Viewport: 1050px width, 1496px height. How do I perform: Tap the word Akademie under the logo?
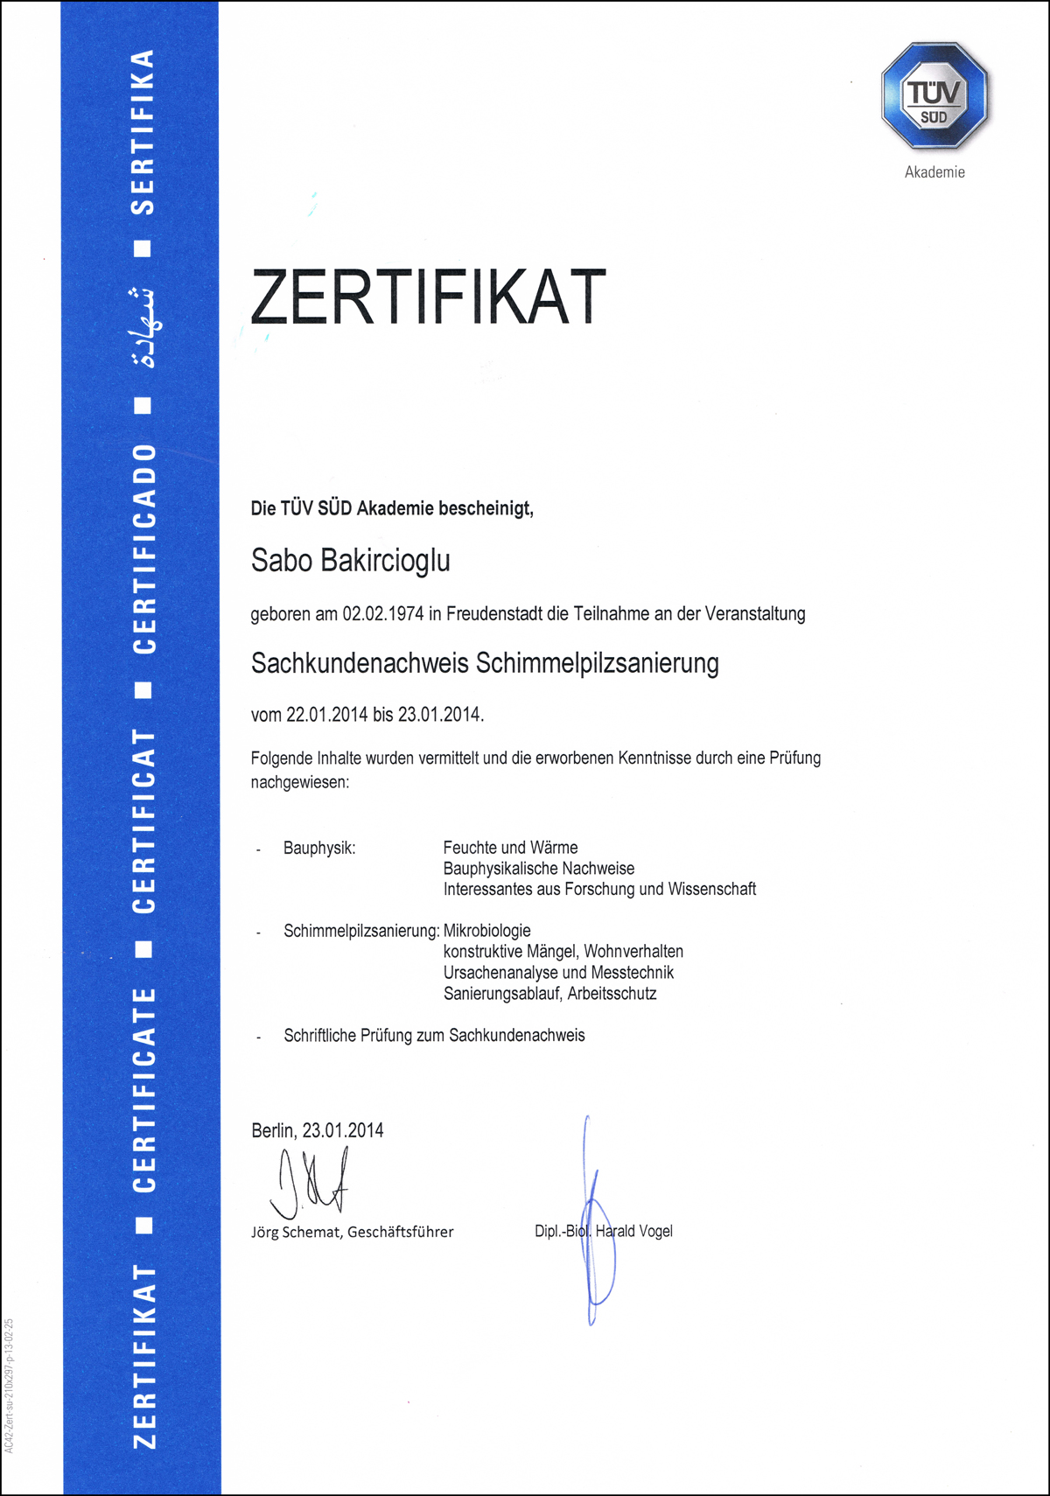934,172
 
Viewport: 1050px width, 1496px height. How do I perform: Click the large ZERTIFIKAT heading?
428,297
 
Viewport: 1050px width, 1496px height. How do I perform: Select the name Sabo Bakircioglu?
350,561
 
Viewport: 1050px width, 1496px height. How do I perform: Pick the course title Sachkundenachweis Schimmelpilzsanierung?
485,663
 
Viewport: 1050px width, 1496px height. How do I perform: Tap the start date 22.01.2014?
326,715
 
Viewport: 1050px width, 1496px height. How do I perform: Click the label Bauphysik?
319,848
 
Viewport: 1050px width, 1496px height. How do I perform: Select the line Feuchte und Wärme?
510,848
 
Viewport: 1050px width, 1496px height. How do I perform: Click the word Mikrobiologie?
486,931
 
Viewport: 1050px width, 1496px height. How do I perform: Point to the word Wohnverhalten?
633,952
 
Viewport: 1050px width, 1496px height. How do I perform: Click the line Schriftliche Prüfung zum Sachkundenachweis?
434,1036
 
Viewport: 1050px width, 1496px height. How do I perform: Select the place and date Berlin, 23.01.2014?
317,1130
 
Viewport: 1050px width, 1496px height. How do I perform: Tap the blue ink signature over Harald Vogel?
595,1225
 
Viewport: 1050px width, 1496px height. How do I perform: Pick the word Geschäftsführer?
401,1232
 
